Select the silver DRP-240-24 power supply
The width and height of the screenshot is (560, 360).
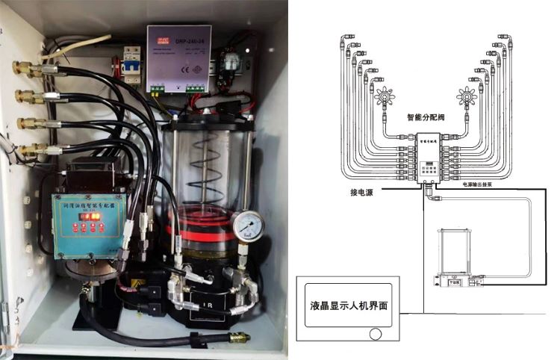pos(178,58)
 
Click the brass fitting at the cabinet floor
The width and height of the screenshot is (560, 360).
pos(238,338)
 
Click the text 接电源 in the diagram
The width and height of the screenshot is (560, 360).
pos(363,191)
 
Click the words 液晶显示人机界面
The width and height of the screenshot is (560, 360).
pos(354,305)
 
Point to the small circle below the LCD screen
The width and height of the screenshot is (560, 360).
pos(378,334)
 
